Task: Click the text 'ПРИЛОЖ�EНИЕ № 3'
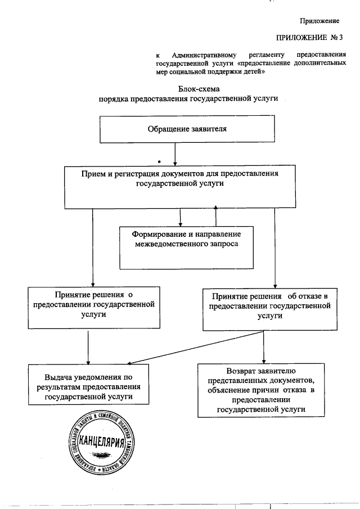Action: (310, 38)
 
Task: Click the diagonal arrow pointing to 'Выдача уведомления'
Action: (186, 350)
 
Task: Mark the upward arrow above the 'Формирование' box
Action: (215, 216)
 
